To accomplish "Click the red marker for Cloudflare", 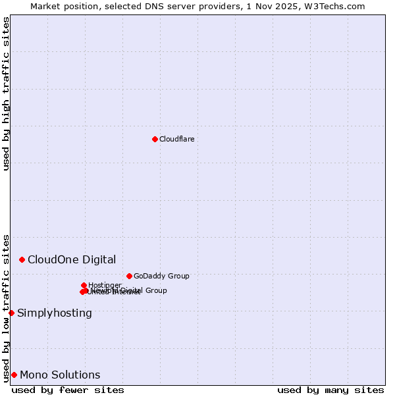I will (x=155, y=139).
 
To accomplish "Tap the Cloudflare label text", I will (x=176, y=139).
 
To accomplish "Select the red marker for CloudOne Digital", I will (x=22, y=259).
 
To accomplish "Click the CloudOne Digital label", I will (x=72, y=259).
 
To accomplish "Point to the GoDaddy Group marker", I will (x=129, y=276).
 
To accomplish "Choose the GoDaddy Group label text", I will (x=161, y=276).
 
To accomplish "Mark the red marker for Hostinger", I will (x=84, y=285).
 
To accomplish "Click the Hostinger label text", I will (x=105, y=285).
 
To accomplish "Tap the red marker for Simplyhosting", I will (x=11, y=313).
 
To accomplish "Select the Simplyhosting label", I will (x=55, y=313).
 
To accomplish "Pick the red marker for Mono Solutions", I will (x=14, y=375).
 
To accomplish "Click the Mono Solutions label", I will (x=60, y=375).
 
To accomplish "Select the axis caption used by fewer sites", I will (x=68, y=390).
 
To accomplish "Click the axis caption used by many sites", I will (x=330, y=390).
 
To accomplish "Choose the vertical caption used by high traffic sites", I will (x=6, y=93).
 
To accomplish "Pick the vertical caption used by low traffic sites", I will (x=6, y=307).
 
